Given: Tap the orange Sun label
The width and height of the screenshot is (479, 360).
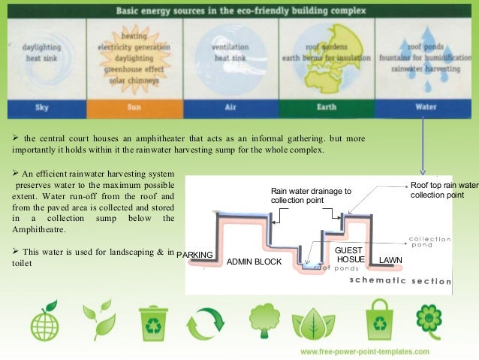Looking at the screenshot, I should point(134,107).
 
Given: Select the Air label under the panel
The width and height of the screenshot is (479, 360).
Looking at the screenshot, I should point(230,107).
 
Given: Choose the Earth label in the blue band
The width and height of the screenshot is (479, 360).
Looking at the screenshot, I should point(326,107).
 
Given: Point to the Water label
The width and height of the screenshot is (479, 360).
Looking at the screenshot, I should point(426,107).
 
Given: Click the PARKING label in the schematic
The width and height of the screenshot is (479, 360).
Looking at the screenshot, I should point(195,255).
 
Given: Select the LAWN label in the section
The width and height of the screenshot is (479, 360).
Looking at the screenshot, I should point(391,259).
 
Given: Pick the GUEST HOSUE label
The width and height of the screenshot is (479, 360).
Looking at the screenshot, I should point(349,254).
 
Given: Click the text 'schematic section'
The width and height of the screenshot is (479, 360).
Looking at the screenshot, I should point(400,281).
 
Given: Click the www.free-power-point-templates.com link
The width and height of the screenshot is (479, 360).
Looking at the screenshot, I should point(365,352).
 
